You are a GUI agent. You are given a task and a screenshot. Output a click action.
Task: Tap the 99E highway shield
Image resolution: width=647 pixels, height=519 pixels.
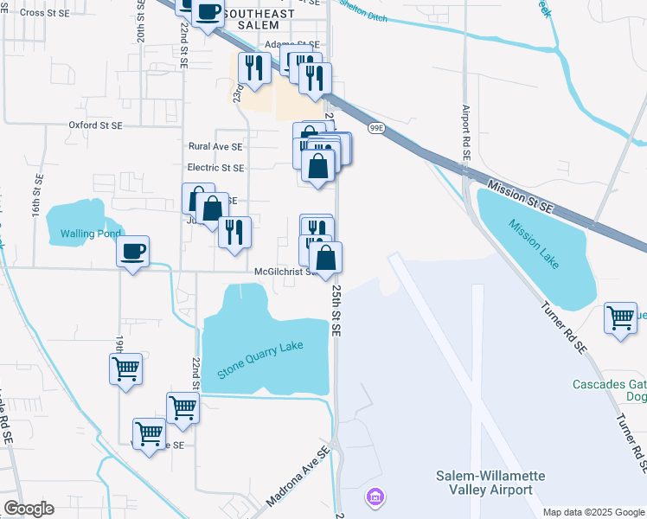[x=375, y=128]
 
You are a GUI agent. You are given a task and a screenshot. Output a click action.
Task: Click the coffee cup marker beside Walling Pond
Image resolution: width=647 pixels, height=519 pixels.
[x=132, y=252]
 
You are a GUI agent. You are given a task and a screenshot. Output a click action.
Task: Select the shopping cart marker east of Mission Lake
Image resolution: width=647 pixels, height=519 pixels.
[x=621, y=318]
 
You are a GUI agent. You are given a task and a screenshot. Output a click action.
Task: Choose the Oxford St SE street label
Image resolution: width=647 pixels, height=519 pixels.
[x=95, y=125]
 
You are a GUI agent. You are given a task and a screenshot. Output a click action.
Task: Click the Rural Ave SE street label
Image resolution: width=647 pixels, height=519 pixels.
[x=215, y=147]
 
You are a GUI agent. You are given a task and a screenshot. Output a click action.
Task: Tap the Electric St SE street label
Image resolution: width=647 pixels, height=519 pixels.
[x=215, y=168]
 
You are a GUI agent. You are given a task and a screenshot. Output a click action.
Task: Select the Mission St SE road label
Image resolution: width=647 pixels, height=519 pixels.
[x=519, y=196]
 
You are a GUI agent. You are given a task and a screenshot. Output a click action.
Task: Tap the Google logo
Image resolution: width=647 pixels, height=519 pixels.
[x=29, y=509]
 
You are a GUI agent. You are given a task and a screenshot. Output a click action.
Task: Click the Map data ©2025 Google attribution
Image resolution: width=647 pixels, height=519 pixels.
[x=593, y=512]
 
